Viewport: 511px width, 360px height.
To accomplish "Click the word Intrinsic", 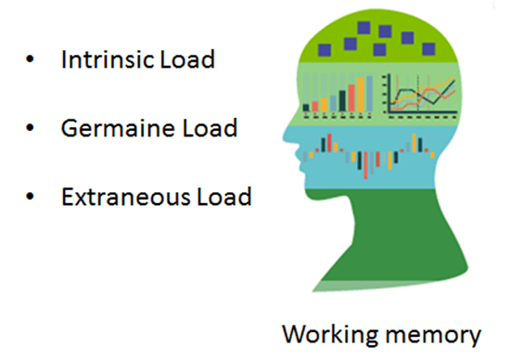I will tap(101, 60).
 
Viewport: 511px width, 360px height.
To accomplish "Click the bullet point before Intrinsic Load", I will tap(31, 61).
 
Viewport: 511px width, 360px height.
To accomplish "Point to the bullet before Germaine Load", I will tap(31, 129).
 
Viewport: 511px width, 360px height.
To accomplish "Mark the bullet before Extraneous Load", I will tap(31, 198).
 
